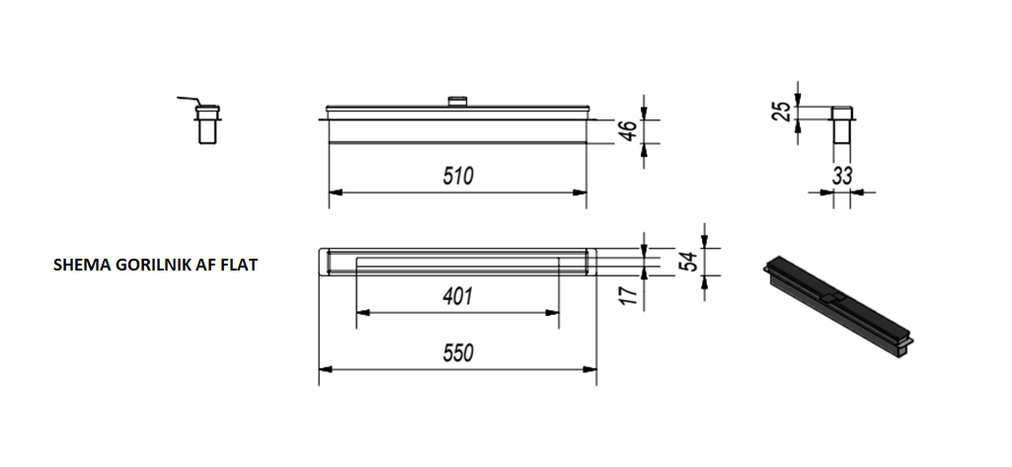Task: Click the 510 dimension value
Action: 457,176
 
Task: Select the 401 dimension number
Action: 457,296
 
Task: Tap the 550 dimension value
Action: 457,352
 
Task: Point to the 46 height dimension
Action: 629,131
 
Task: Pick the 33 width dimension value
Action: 841,176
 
